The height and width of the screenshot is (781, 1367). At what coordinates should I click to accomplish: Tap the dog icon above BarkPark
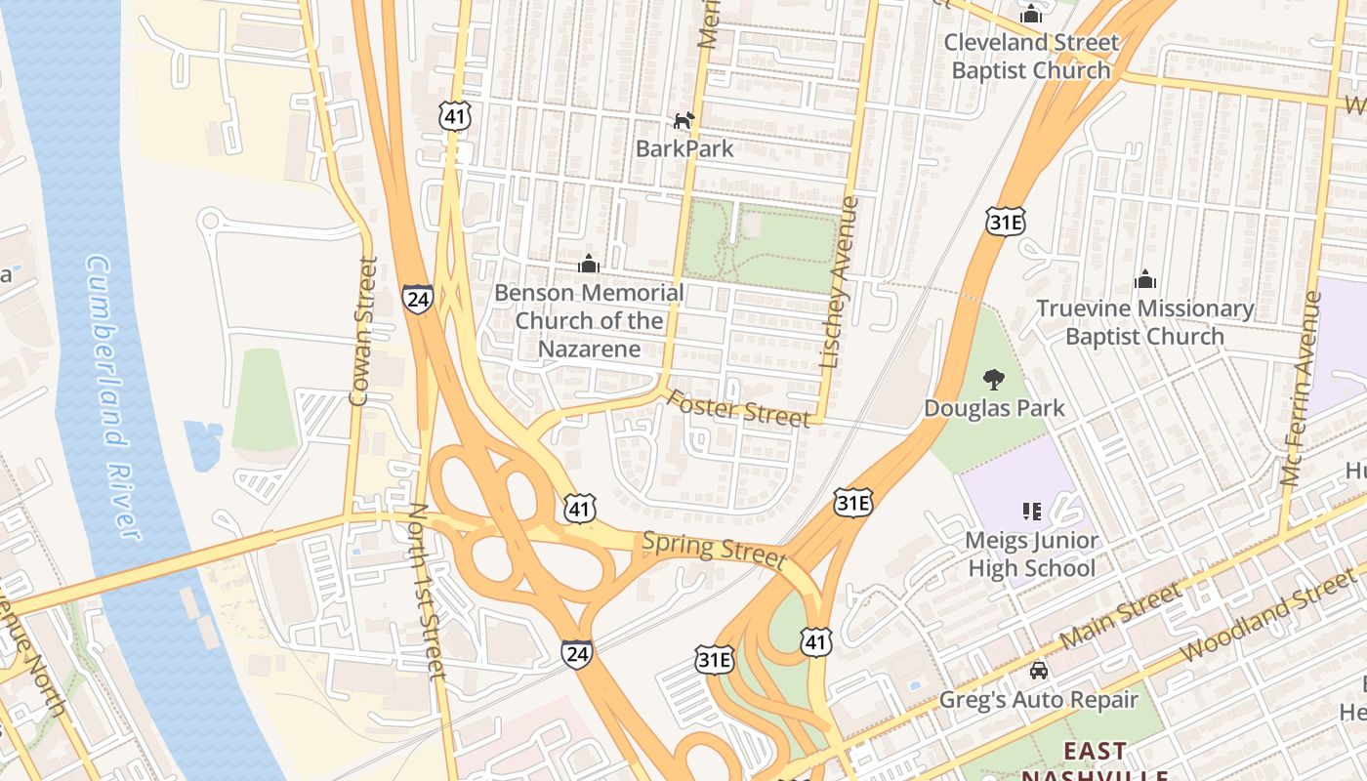click(x=684, y=120)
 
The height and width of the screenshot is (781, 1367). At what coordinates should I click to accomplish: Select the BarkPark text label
click(x=684, y=148)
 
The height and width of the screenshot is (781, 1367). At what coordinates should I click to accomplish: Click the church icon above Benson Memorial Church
click(x=589, y=264)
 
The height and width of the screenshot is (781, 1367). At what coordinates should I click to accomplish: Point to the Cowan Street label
click(x=362, y=331)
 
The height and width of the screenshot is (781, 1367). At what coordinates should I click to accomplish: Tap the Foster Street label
click(x=738, y=409)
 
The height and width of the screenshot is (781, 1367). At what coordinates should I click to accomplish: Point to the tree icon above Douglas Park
click(x=994, y=379)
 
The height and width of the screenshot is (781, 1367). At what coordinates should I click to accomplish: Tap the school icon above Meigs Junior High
click(x=1031, y=511)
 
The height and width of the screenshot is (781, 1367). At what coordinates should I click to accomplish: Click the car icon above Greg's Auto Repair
click(x=1039, y=671)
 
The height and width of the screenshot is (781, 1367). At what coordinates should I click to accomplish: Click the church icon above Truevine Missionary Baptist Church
click(x=1145, y=280)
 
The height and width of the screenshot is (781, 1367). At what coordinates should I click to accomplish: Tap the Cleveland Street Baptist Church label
click(x=1031, y=57)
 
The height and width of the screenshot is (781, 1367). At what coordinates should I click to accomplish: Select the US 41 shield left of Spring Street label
click(x=580, y=508)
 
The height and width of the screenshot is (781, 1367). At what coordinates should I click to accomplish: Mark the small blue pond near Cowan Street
click(x=202, y=445)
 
